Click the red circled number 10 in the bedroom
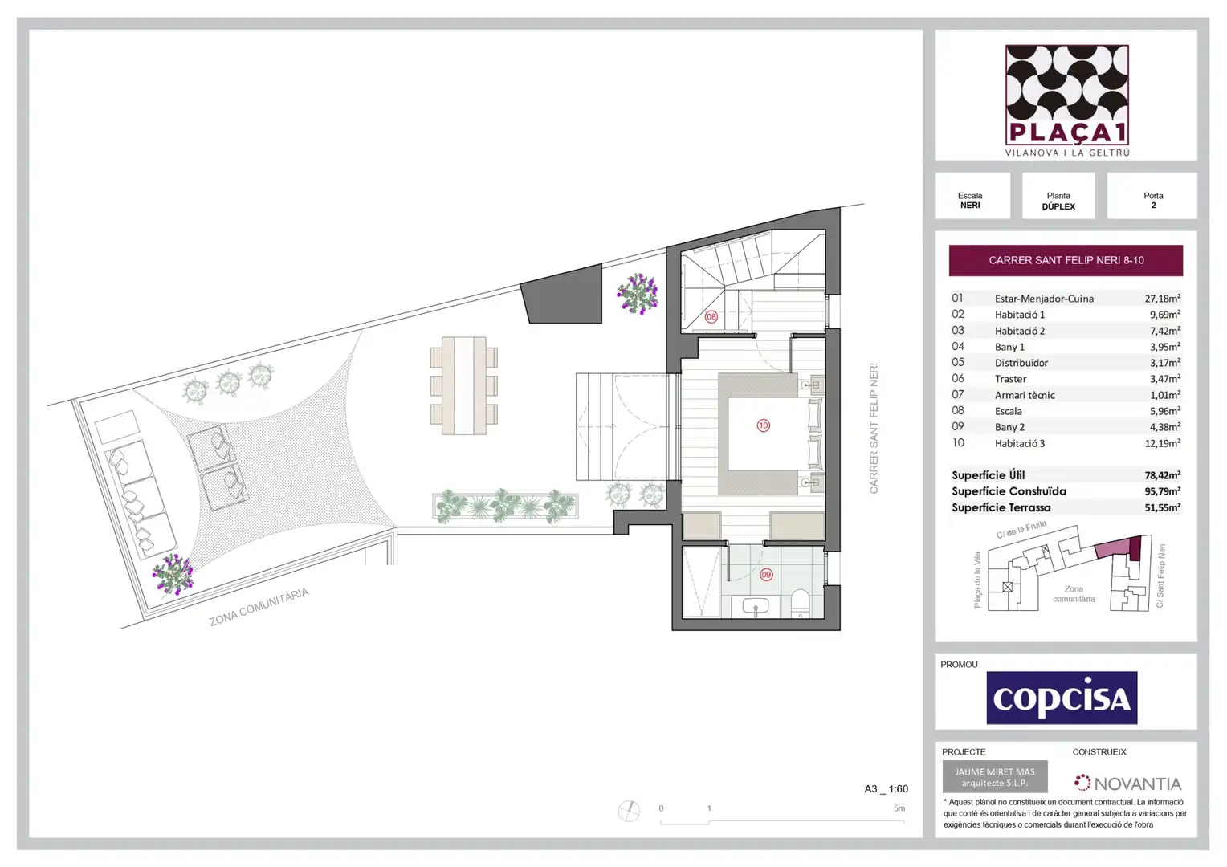click(x=763, y=425)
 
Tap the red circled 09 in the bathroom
click(x=766, y=575)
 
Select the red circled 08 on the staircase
click(x=711, y=316)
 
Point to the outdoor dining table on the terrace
click(x=464, y=386)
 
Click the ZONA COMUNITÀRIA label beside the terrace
click(x=259, y=607)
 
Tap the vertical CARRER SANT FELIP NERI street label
click(x=874, y=428)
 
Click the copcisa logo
click(x=1062, y=698)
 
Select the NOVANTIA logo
click(x=1127, y=784)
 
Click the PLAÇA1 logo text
click(x=1067, y=132)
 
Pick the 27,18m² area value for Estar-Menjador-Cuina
click(x=1163, y=299)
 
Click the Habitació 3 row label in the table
click(x=1019, y=443)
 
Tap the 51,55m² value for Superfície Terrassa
click(x=1163, y=507)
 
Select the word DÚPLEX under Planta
click(x=1058, y=206)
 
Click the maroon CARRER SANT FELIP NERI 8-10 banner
click(x=1066, y=260)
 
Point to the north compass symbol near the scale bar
click(x=629, y=811)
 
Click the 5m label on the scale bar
click(x=899, y=808)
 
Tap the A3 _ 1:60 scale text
click(x=887, y=788)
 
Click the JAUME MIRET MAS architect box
click(x=995, y=776)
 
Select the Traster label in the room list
click(x=1011, y=378)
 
